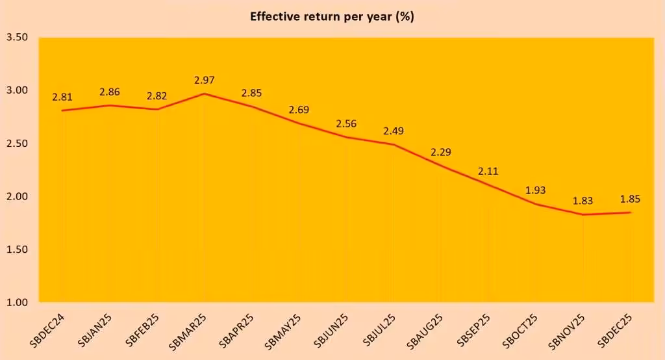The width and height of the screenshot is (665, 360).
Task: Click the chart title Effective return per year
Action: (x=332, y=17)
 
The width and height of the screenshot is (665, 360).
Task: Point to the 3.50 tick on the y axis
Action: (x=17, y=37)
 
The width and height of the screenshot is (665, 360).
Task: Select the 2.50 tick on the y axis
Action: (x=17, y=143)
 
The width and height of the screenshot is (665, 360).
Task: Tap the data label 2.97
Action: (x=205, y=81)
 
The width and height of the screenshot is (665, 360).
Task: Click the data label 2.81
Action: (x=62, y=97)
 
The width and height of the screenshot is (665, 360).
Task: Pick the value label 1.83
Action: (x=583, y=201)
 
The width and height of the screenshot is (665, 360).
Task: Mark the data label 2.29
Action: (x=441, y=153)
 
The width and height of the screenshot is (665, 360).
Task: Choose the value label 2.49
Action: (x=394, y=131)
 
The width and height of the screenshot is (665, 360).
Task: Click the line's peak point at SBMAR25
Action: (x=205, y=94)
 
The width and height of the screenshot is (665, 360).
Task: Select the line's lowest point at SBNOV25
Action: (x=583, y=214)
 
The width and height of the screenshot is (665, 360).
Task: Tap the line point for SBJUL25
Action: (x=394, y=144)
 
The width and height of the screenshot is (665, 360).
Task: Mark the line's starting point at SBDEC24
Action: (x=62, y=110)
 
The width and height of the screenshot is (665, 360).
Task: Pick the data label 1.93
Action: (x=536, y=190)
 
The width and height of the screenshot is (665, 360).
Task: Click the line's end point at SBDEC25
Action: (x=630, y=212)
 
